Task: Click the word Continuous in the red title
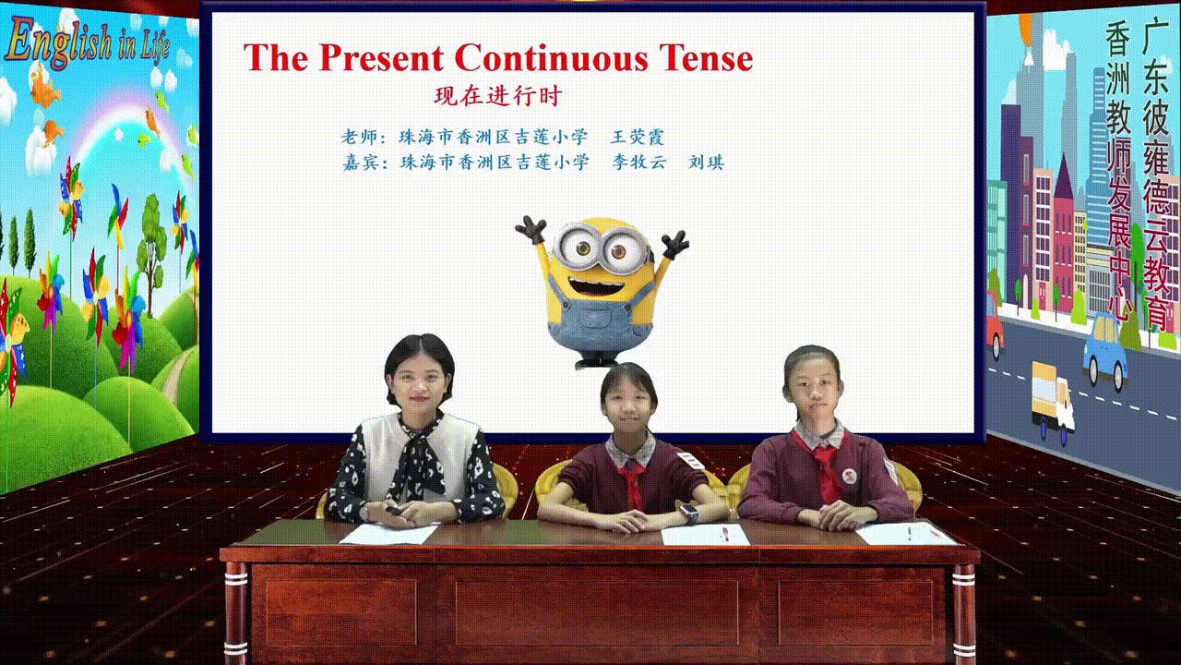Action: (551, 57)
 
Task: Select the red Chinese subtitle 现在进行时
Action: (498, 96)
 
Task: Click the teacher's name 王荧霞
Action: (638, 138)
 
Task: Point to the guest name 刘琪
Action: (707, 162)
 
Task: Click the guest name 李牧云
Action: (639, 162)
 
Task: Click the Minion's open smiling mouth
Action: (596, 288)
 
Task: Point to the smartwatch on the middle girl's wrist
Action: (688, 512)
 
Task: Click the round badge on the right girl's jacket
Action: (850, 477)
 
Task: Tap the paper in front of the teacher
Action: (389, 534)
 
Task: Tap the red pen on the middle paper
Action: (725, 534)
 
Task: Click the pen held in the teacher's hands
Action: (394, 511)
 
